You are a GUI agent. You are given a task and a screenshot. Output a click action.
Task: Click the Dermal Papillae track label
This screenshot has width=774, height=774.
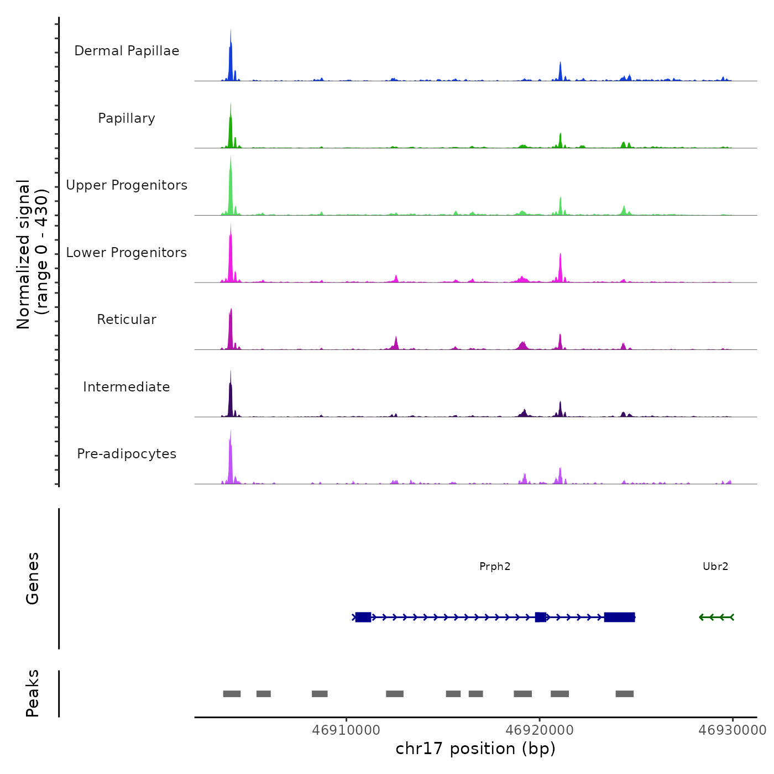click(127, 51)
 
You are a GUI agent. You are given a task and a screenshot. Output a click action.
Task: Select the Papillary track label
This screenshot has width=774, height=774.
click(127, 118)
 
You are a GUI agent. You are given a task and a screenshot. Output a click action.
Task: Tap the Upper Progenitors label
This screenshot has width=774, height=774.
click(127, 185)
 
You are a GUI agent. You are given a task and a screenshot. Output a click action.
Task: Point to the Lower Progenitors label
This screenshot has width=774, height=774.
click(127, 253)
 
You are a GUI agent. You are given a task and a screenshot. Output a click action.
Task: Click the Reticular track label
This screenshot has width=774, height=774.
click(127, 320)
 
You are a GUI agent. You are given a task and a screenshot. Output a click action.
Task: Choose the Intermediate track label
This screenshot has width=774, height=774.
click(127, 387)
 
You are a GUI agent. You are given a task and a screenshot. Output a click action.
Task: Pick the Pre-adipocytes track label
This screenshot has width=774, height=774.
click(127, 454)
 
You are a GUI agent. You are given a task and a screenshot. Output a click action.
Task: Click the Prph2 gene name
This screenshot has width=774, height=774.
click(495, 566)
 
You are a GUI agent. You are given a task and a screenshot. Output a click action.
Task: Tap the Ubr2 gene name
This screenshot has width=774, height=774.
click(715, 566)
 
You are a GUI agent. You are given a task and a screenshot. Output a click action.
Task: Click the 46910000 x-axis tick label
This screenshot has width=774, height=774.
click(346, 730)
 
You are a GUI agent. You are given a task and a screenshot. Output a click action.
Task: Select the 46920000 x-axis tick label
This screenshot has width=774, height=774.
click(540, 730)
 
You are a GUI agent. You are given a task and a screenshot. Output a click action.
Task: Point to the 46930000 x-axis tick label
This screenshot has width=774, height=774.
click(733, 730)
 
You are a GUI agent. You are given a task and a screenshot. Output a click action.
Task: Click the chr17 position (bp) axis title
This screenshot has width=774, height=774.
click(475, 749)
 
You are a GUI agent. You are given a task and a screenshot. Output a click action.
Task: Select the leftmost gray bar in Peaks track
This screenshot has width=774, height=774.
click(232, 694)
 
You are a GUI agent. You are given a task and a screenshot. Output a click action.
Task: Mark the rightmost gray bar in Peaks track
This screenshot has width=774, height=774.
click(625, 694)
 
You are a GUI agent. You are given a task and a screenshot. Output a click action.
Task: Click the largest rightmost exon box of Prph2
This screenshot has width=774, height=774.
click(619, 617)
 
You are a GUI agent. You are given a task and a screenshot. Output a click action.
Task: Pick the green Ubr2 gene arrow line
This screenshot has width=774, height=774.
click(717, 617)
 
